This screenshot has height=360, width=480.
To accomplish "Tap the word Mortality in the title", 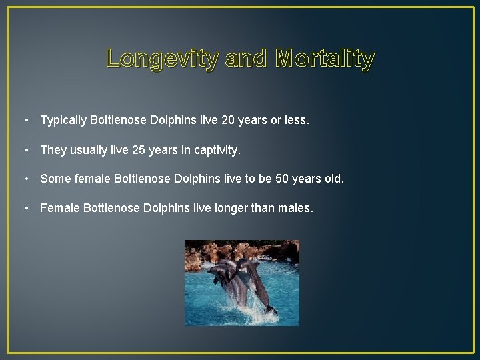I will pos(325,59).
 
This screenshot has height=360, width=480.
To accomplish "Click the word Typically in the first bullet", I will pos(63,121).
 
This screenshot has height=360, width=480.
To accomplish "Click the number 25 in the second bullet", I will pos(140,150).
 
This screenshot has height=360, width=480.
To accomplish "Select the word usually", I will pos(89,150).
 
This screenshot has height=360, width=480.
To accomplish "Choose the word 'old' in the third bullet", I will pos(332,179).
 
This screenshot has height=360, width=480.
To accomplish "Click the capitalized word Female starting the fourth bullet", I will pos(59,209).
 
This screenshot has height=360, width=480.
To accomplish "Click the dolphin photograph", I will pos(241,283).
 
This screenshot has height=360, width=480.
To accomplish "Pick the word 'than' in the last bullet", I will pos(263,209).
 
